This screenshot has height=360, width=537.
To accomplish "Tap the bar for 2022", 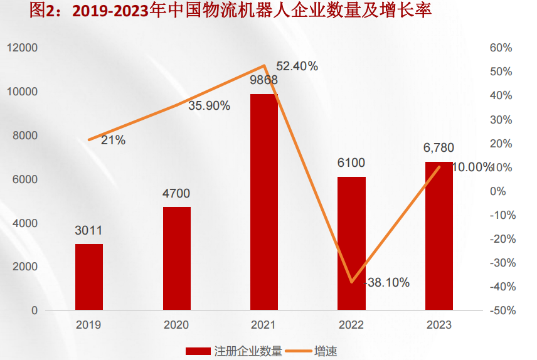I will tap(351, 243).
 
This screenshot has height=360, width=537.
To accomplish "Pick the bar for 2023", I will tap(439, 235).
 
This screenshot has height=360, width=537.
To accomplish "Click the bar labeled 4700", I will tap(177, 258).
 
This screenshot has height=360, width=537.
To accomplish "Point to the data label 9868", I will tap(264, 80).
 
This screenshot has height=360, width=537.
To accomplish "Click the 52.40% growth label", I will tap(297, 66).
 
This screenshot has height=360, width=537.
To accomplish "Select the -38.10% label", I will tap(387, 283).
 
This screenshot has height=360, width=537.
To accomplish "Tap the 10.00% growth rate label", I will tap(472, 167).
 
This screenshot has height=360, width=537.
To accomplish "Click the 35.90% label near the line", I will tap(209, 105).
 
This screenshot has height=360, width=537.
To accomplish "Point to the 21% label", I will tap(113, 140).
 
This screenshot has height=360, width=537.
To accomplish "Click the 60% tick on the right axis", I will tap(501, 48).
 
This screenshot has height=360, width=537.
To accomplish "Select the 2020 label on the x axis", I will tap(176, 326).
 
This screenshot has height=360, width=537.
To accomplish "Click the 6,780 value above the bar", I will tap(439, 148).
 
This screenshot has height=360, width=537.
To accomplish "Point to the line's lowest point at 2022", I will tap(352, 282).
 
